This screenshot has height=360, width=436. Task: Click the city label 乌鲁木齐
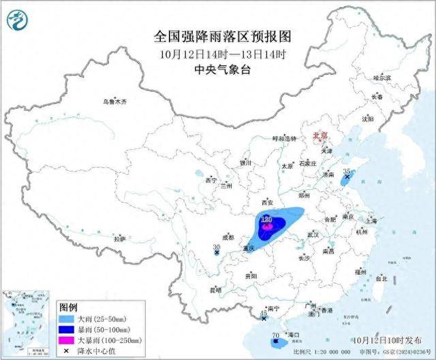tap(115, 101)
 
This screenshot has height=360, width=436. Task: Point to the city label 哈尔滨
tap(382, 78)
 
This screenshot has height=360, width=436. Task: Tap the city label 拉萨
tap(120, 239)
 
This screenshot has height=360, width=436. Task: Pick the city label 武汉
tap(313, 234)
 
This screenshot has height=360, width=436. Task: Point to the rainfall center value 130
tap(267, 220)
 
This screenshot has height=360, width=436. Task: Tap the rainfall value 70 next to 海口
tap(275, 336)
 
